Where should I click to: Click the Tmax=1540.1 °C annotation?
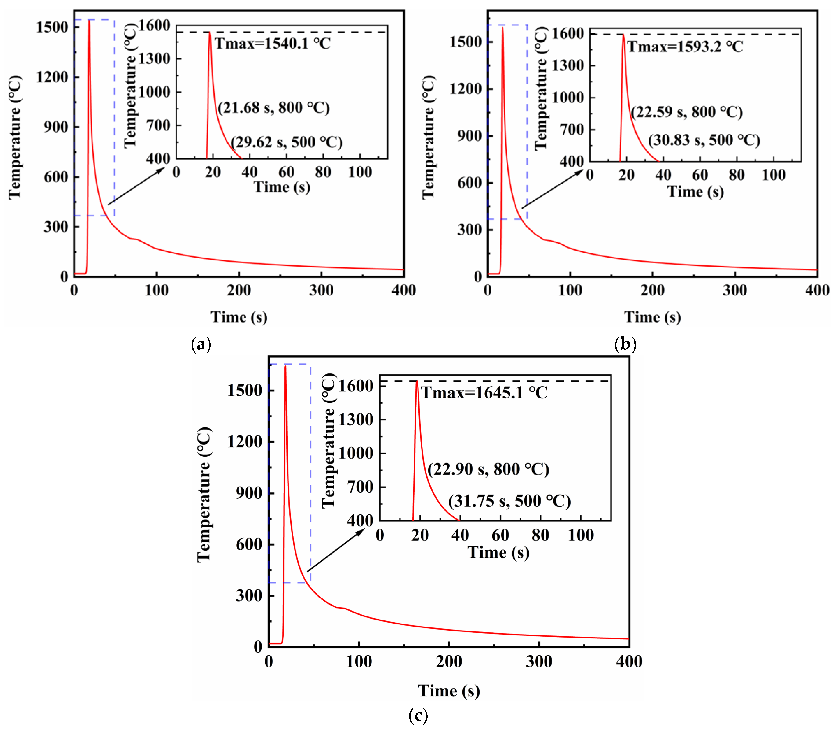(x=272, y=43)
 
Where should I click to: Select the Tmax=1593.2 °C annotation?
(x=685, y=47)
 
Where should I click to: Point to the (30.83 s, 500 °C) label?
(x=704, y=140)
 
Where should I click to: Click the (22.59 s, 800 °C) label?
(x=687, y=112)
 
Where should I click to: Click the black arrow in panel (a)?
(x=136, y=186)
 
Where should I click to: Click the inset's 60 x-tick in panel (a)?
(x=286, y=172)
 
